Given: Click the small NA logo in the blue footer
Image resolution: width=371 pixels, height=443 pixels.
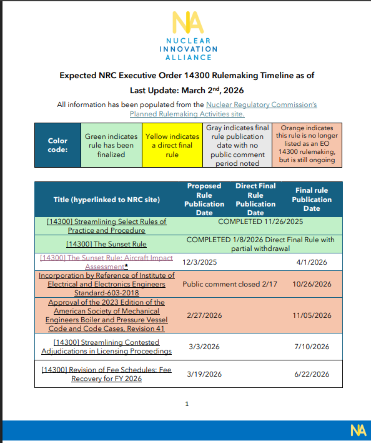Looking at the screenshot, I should coord(358,430).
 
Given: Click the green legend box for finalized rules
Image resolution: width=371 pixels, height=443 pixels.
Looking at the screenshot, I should coord(111,145).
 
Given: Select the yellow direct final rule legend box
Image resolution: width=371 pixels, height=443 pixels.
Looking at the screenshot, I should coord(172,145).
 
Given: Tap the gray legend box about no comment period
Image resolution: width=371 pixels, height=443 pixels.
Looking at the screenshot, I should coord(237,145).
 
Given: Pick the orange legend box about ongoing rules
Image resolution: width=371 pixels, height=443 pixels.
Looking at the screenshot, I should coord(307,145).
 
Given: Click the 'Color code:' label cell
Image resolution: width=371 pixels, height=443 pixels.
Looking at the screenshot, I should coord(57,145).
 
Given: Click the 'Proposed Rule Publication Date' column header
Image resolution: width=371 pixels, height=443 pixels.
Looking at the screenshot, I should coord(204,199).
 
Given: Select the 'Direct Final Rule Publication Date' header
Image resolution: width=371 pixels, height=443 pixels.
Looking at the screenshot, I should coord(255,199).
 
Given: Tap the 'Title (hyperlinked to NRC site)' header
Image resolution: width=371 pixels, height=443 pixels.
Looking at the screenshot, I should coord(107,200).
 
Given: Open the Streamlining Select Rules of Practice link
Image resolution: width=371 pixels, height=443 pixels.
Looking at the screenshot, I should coord(107,226).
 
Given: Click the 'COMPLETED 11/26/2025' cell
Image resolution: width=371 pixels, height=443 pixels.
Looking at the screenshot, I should coord(260,221).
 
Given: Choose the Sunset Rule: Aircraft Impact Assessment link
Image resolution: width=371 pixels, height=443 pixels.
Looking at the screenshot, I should coord(107,262).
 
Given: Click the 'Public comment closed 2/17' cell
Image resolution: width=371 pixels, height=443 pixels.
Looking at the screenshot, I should coord(220,284).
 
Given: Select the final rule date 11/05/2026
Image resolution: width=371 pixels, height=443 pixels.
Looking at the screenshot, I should coord(312,315).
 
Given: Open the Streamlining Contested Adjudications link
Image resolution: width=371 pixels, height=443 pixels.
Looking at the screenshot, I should coord(107,347).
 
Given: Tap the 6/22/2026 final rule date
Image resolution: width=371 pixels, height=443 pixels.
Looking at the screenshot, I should coord(311,374).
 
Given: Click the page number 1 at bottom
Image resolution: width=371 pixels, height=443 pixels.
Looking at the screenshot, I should coord(186,404).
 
